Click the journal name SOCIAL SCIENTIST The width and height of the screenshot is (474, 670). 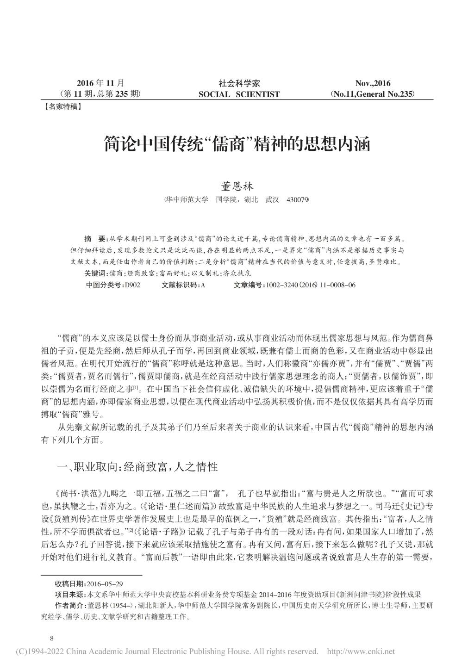[x=239, y=94]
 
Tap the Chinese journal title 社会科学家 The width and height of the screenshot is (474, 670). [x=239, y=84]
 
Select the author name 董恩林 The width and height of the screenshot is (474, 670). [x=236, y=186]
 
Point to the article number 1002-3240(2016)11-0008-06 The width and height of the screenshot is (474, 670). [x=309, y=285]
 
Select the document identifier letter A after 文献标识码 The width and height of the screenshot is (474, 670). [x=203, y=285]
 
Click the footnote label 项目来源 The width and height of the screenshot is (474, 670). [x=69, y=595]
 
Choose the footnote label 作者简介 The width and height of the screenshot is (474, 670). [x=69, y=605]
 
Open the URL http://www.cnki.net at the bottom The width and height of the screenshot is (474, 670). [x=361, y=652]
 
